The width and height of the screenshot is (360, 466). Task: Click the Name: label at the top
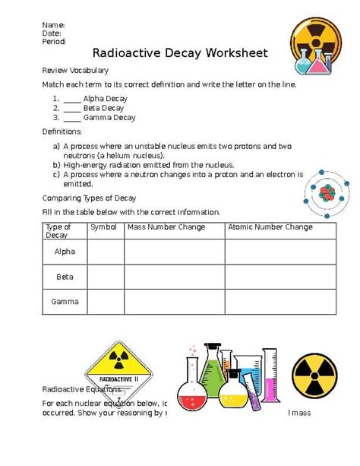coord(53,24)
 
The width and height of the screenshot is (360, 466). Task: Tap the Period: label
coord(54,42)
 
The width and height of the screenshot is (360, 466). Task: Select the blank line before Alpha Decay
coord(72,99)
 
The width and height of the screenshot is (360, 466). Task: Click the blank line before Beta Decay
coord(72,109)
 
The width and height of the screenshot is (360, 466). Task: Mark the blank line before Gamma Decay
coord(72,118)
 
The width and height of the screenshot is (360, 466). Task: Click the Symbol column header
coord(103,227)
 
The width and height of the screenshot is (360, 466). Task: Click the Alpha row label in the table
coord(65,252)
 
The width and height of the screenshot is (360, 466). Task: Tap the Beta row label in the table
coord(65,277)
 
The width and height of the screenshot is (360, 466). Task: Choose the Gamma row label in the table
coord(65,302)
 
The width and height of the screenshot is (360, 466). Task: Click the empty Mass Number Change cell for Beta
coord(174,277)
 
